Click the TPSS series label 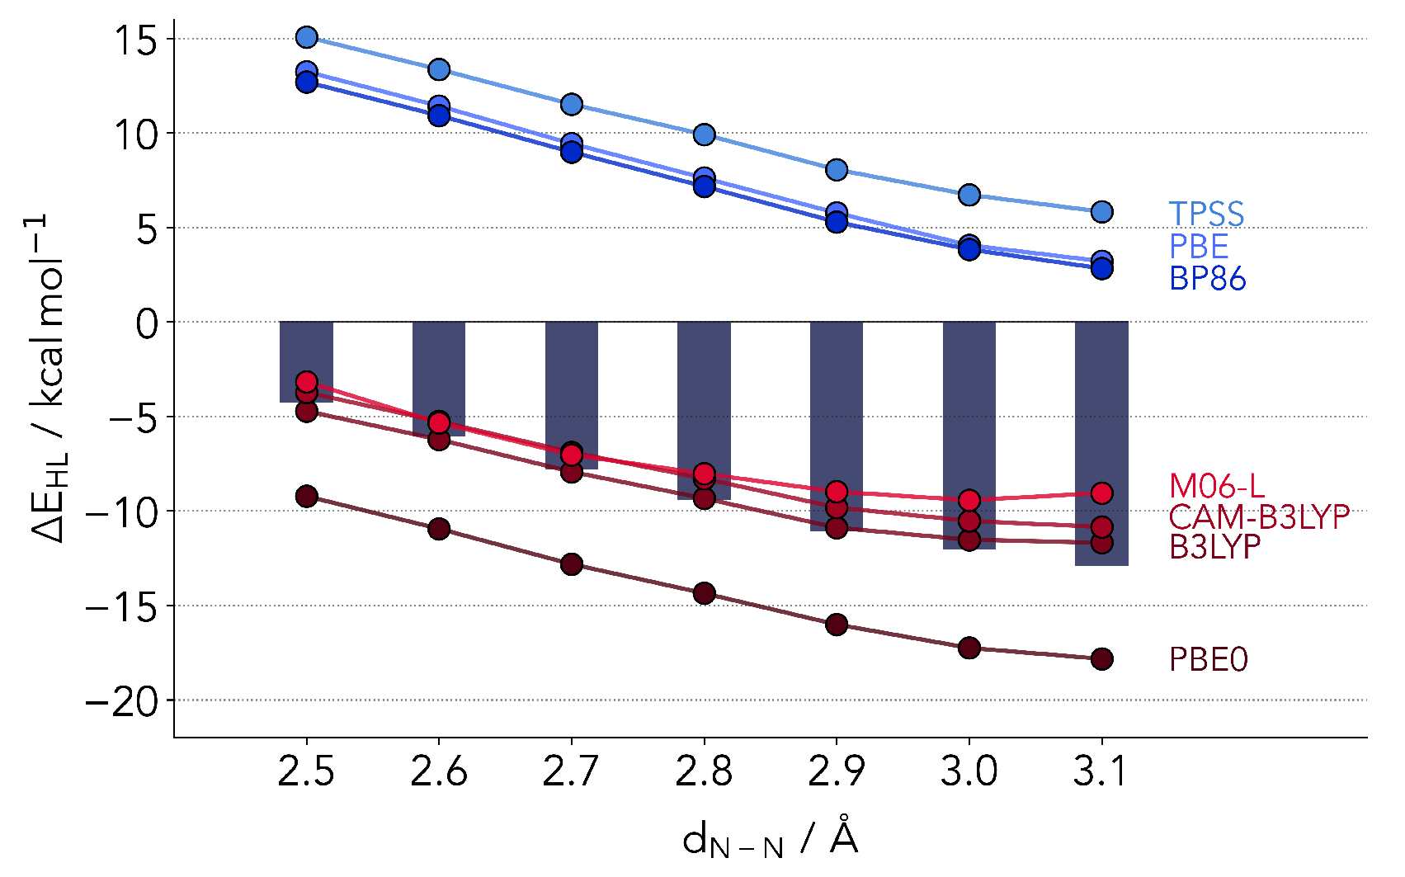tap(1206, 215)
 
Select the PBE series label tap(1199, 247)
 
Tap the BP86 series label tap(1207, 279)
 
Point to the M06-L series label tap(1216, 486)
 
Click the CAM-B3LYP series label tap(1259, 517)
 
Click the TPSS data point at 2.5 tap(307, 37)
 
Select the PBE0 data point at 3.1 tap(1101, 658)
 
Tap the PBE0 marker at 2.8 tap(704, 593)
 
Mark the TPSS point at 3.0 tap(969, 195)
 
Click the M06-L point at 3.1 tap(1101, 493)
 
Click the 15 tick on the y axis tap(136, 40)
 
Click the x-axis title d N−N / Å tap(770, 840)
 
